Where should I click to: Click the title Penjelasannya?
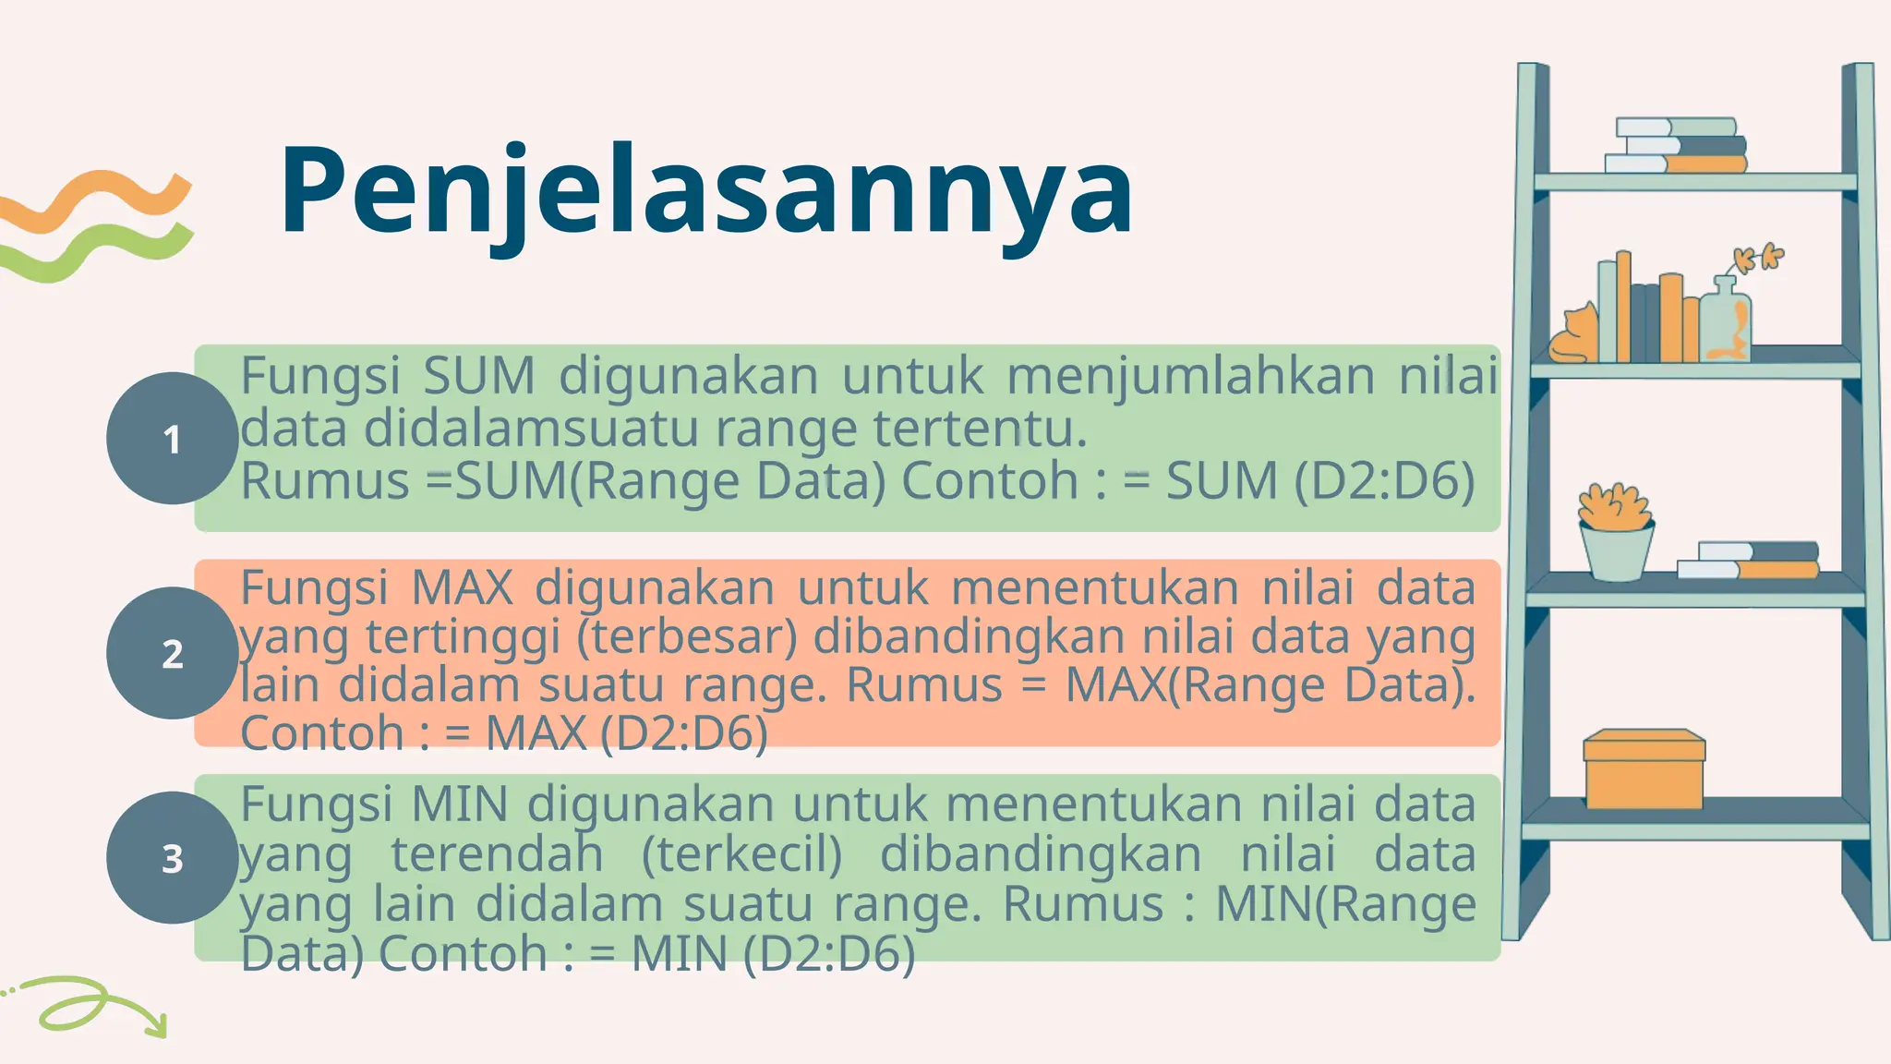point(706,191)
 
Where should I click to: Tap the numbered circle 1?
point(172,439)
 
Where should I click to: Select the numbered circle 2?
point(172,653)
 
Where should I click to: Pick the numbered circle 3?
point(172,858)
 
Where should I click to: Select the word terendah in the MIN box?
point(497,854)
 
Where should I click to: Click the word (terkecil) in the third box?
point(741,854)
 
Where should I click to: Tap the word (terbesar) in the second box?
point(686,636)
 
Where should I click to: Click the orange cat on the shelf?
point(1575,334)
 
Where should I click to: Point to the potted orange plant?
point(1616,533)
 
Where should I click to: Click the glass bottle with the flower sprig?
point(1726,319)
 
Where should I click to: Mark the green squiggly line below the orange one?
point(97,250)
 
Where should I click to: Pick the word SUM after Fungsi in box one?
point(479,377)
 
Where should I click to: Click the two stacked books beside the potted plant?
point(1747,560)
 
